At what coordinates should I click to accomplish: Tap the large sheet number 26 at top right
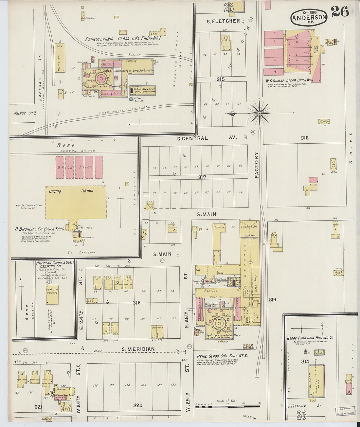(339, 12)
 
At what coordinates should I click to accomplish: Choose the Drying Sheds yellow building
(76, 202)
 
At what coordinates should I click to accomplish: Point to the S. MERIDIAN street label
(138, 349)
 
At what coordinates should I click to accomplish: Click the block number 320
(137, 406)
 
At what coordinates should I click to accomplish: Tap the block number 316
(304, 138)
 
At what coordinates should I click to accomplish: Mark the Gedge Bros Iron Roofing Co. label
(310, 337)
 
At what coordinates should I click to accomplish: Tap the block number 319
(272, 299)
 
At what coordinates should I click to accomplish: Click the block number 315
(220, 79)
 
